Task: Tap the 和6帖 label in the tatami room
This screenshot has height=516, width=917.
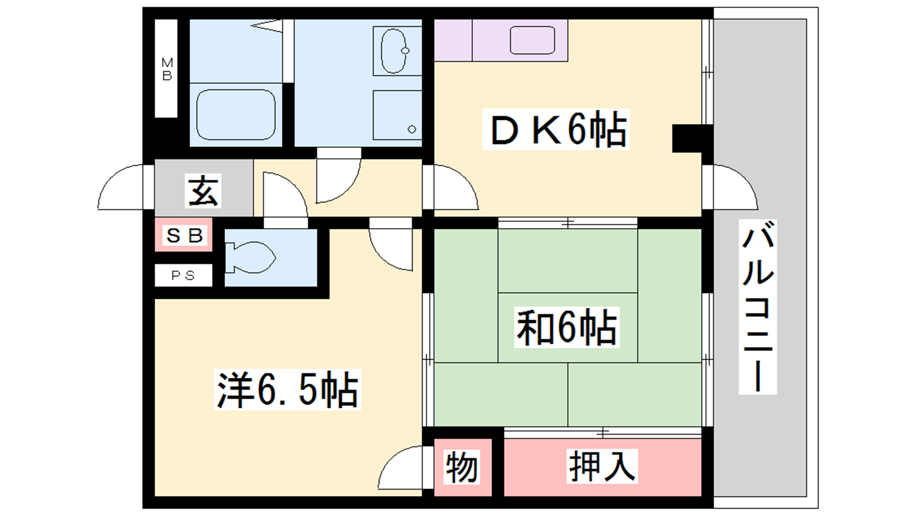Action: (567, 327)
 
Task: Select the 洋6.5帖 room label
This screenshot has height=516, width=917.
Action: (287, 390)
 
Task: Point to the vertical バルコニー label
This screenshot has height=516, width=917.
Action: (758, 307)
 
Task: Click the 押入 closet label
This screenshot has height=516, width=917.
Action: (602, 466)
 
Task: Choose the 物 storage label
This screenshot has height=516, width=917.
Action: (462, 467)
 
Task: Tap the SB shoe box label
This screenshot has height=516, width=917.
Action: (184, 236)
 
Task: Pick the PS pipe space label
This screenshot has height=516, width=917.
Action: (183, 276)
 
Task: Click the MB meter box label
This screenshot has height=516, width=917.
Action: (167, 69)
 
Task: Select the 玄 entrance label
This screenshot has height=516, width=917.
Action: (203, 191)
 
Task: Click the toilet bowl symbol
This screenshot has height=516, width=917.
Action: (250, 257)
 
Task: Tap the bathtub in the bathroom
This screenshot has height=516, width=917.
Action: (236, 115)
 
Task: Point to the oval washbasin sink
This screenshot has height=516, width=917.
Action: (394, 51)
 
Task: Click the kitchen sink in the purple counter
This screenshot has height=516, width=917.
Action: (532, 40)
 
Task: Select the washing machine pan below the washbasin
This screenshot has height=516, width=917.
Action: (397, 115)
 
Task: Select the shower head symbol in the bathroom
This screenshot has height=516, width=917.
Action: (267, 26)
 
